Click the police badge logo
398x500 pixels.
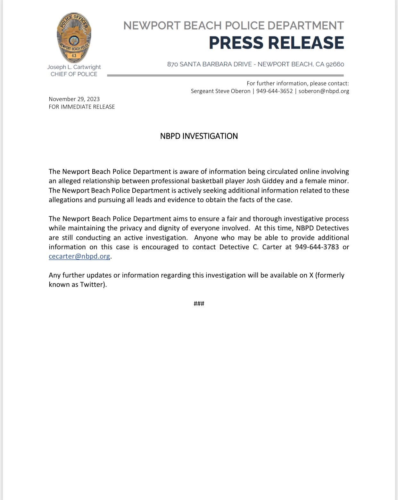point(74,38)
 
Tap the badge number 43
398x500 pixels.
point(74,56)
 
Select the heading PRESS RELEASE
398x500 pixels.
point(276,43)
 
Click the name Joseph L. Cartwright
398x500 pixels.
point(74,67)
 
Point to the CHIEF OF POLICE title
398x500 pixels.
point(74,74)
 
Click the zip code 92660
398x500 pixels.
point(335,64)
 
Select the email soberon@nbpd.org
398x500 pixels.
point(324,91)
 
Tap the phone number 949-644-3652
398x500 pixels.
point(274,91)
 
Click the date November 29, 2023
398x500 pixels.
point(74,99)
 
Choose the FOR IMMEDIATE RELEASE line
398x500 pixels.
point(82,107)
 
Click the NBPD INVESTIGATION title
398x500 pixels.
point(199,136)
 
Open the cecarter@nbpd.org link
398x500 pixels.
point(79,256)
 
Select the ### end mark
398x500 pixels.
point(199,304)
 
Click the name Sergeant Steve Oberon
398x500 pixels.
point(220,91)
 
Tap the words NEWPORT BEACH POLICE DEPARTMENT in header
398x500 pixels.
point(233,26)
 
